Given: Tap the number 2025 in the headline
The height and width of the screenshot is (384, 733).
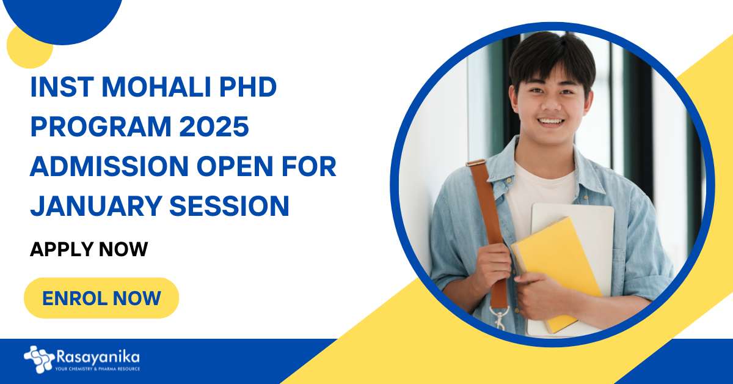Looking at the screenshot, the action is tap(214, 127).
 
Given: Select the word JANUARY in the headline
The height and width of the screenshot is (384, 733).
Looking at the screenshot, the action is tap(95, 206).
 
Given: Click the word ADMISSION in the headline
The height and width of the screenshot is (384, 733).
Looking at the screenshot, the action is tap(109, 166).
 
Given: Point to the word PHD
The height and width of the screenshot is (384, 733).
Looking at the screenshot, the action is tap(249, 87).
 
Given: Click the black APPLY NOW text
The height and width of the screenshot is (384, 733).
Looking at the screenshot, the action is tap(89, 249).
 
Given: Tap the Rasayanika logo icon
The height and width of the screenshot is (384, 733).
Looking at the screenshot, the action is tap(39, 360).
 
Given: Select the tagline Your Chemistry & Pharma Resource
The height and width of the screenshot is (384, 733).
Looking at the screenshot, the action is tap(98, 369).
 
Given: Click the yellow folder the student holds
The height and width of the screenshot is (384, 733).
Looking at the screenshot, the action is tap(556, 268).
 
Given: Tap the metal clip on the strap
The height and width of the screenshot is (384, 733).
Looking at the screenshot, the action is tap(500, 316).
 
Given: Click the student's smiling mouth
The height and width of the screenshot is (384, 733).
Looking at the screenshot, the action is tap(551, 122).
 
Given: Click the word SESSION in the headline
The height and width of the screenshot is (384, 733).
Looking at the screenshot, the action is tap(229, 206).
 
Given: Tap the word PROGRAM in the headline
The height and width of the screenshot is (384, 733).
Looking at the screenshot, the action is tap(101, 127).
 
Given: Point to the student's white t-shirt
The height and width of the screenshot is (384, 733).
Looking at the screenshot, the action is tap(540, 193).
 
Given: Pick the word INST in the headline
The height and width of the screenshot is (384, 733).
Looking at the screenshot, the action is tap(62, 87).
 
